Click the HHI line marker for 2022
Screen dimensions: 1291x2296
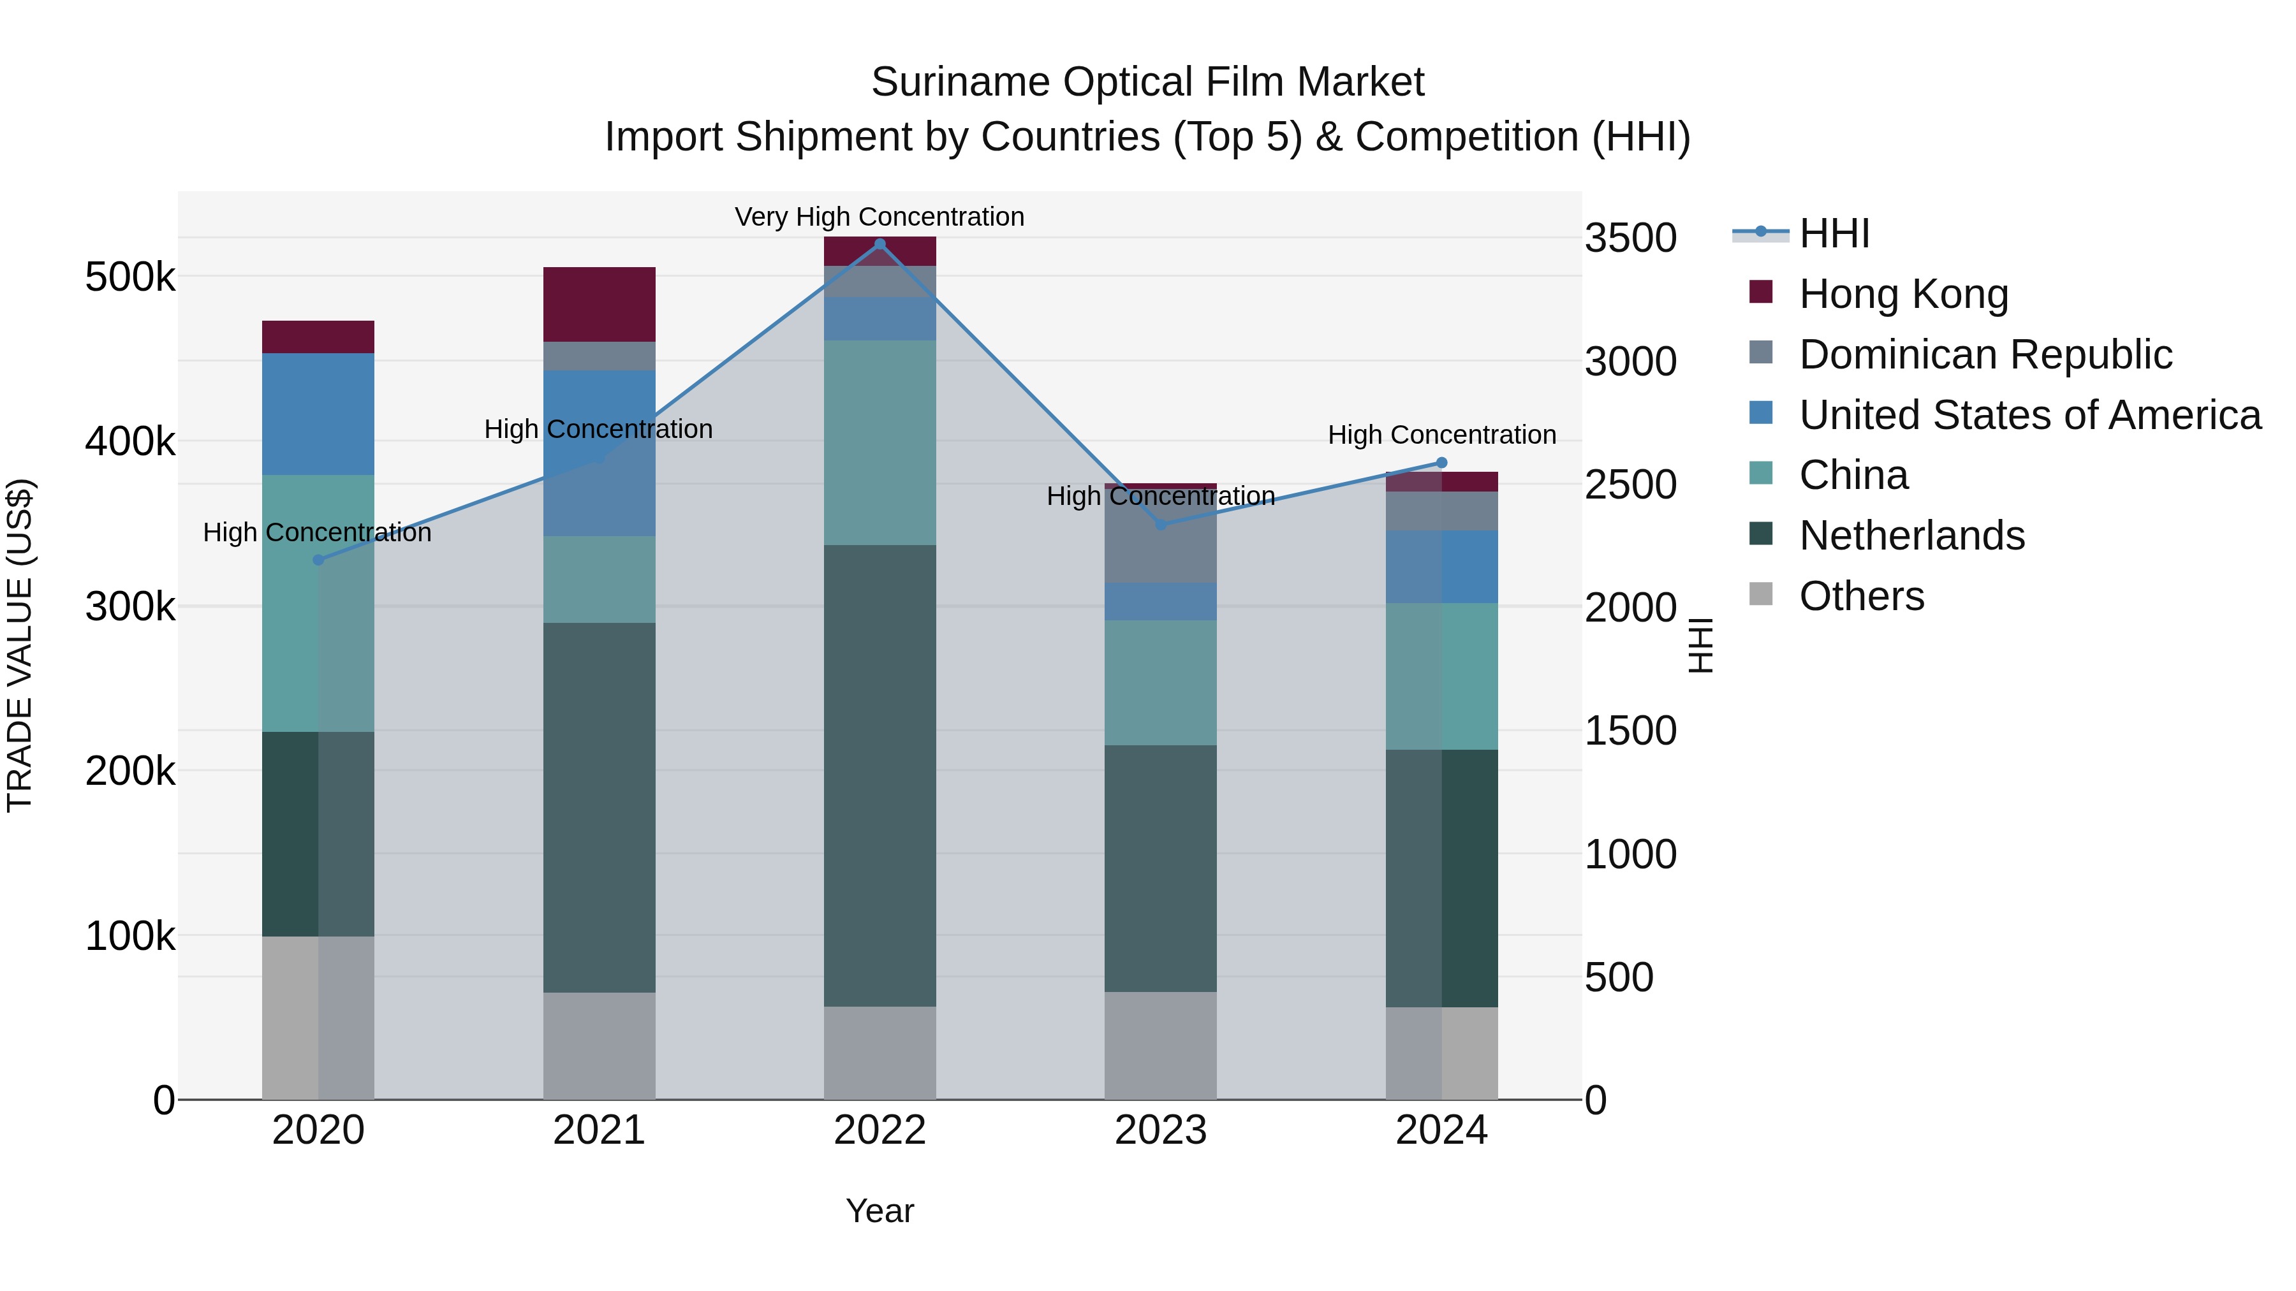tap(879, 244)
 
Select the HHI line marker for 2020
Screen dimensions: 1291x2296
tap(318, 560)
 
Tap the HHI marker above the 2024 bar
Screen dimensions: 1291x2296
tap(1441, 462)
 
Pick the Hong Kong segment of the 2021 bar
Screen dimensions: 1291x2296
tap(599, 304)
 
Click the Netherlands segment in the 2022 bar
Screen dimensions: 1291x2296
tap(879, 775)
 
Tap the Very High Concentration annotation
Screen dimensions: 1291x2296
tap(879, 217)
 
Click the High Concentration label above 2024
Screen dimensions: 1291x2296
tap(1441, 435)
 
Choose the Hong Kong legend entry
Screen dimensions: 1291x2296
tap(1903, 294)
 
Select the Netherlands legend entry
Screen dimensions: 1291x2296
tap(1911, 536)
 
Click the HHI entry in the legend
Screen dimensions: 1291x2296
tap(1834, 233)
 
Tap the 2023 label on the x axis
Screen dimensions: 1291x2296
tap(1161, 1130)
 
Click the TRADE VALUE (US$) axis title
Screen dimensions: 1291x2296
tap(20, 645)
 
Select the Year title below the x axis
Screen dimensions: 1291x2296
tap(879, 1211)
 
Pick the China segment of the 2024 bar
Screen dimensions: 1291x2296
tap(1441, 676)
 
